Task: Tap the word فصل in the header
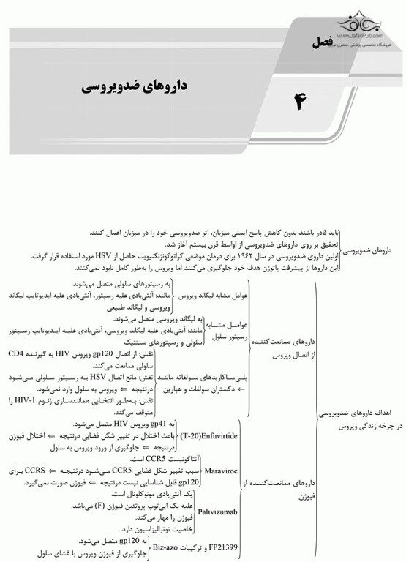[321, 42]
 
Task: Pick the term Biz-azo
[166, 546]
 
